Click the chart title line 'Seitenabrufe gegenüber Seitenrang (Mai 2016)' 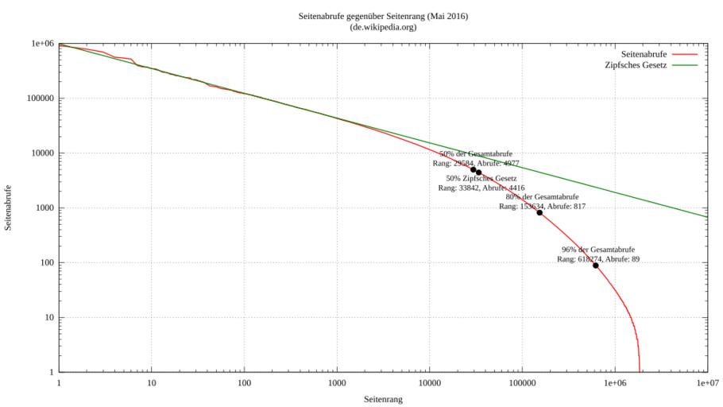[382, 17]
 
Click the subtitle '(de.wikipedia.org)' [382, 27]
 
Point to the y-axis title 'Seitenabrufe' [9, 208]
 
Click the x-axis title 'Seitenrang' [382, 399]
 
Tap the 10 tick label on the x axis [152, 383]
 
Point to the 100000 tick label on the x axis [522, 383]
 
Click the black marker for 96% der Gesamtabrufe [595, 266]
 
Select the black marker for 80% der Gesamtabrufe [539, 212]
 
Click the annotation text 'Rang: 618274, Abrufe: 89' [598, 258]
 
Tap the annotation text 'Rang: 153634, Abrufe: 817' [542, 205]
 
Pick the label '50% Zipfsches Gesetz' [481, 178]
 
